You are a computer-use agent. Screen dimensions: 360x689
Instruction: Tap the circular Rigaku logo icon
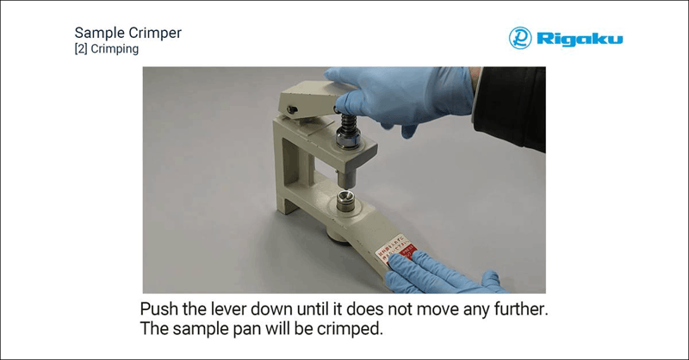[520, 38]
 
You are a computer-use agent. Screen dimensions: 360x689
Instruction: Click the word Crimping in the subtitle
[115, 50]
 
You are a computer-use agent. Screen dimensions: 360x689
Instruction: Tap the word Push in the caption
[160, 308]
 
